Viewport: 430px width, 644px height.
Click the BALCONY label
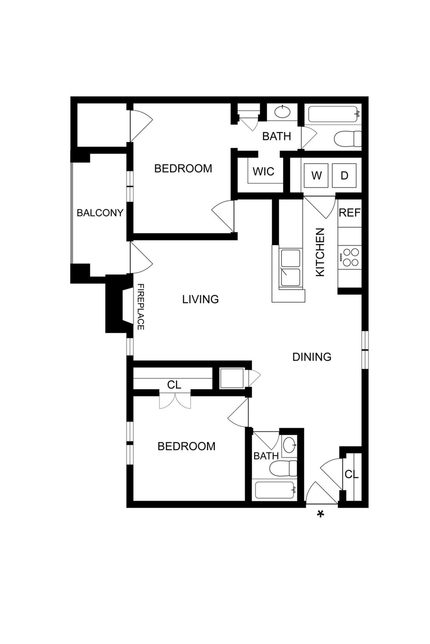tap(100, 213)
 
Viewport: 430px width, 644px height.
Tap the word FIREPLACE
tap(140, 307)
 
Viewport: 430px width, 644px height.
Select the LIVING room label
tap(201, 299)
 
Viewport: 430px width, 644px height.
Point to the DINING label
tap(312, 357)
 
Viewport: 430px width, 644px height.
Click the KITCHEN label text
tap(320, 253)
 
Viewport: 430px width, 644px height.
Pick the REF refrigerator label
tap(350, 213)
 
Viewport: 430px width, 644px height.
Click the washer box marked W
tap(316, 176)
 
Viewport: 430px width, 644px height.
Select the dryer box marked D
tap(344, 176)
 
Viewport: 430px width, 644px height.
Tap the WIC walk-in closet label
tap(263, 171)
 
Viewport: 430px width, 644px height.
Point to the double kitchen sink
tap(291, 268)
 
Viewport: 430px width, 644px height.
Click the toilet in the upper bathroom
tap(347, 139)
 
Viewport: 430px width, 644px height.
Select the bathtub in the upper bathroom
tap(334, 114)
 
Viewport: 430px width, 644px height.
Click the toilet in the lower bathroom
tap(283, 468)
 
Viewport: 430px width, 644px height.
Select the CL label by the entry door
tap(352, 475)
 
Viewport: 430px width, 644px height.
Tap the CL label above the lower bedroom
tap(174, 385)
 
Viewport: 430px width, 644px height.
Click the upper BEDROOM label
tap(183, 168)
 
